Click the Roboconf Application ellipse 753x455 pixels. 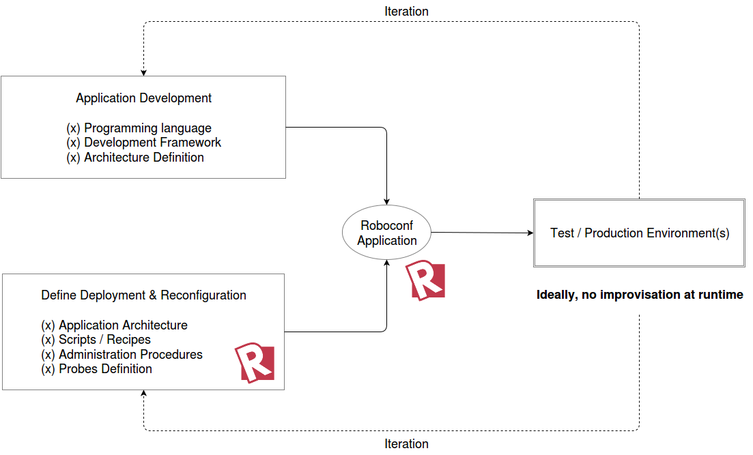pyautogui.click(x=386, y=233)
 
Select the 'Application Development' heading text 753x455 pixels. pyautogui.click(x=143, y=98)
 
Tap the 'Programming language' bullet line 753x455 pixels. pyautogui.click(x=139, y=128)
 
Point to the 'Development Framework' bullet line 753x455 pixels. pyautogui.click(x=143, y=143)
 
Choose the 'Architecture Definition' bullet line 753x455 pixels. pyautogui.click(x=134, y=158)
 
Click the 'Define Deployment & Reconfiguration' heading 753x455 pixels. pyautogui.click(x=143, y=295)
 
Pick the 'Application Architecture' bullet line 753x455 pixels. pyautogui.click(x=114, y=325)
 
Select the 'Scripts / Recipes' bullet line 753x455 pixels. pyautogui.click(x=96, y=340)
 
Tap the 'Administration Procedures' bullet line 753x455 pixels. pyautogui.click(x=122, y=355)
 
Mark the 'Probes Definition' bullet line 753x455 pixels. pyautogui.click(x=96, y=369)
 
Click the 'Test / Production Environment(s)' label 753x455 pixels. pyautogui.click(x=640, y=233)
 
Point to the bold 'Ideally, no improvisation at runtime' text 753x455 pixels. pyautogui.click(x=640, y=295)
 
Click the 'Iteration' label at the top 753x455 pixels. pyautogui.click(x=406, y=12)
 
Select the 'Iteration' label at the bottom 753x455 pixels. pyautogui.click(x=406, y=444)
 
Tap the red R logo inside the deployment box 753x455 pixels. pyautogui.click(x=255, y=363)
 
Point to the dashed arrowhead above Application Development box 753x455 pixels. pyautogui.click(x=143, y=72)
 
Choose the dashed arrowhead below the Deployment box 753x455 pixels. pyautogui.click(x=143, y=394)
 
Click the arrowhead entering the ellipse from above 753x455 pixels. pyautogui.click(x=387, y=201)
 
